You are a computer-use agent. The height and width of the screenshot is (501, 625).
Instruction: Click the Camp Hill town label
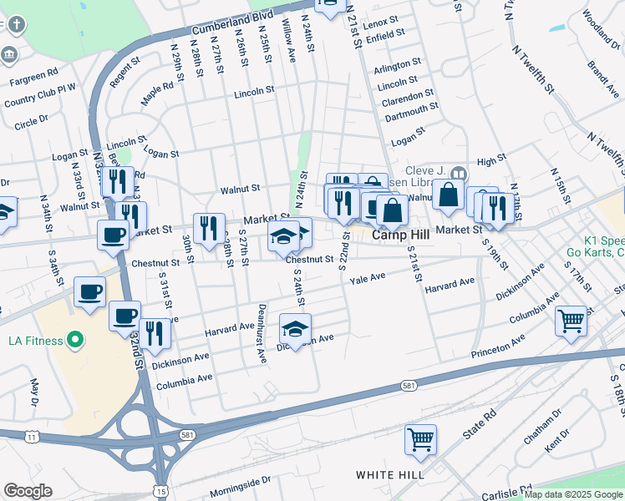[400, 235]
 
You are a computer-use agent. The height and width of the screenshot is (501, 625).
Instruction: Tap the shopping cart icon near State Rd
[420, 439]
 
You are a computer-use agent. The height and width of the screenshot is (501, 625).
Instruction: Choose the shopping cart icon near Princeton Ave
[571, 321]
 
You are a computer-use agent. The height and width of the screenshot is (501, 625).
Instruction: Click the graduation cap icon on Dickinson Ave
[295, 329]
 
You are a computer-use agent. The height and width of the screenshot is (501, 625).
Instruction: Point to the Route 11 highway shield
[32, 437]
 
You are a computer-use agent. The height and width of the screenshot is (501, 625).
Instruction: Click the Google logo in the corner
[27, 491]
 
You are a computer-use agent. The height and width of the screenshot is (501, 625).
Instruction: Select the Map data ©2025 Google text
[573, 494]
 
